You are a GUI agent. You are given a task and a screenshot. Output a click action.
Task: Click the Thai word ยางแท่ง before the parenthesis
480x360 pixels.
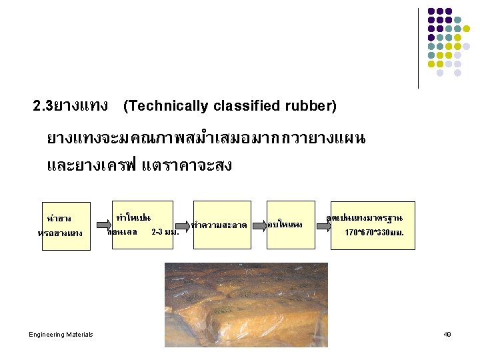coord(84,106)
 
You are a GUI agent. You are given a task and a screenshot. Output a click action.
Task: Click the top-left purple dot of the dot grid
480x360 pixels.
coord(431,11)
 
